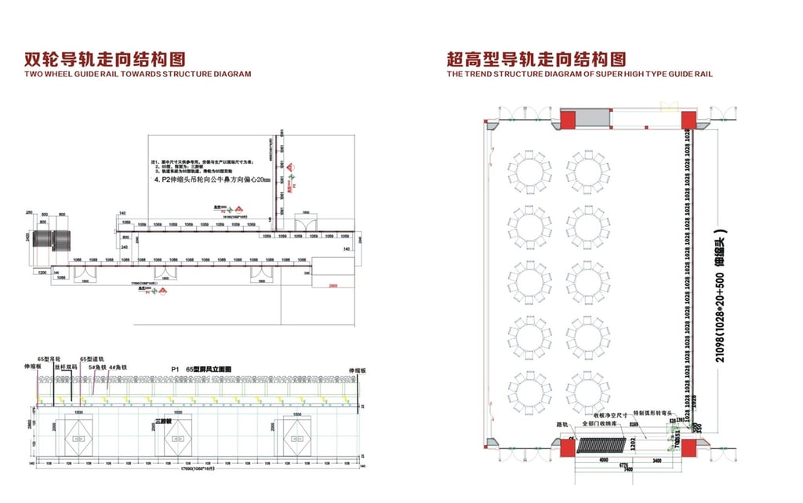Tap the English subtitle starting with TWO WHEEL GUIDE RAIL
click(x=138, y=74)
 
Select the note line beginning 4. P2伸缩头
click(x=211, y=180)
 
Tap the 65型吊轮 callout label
click(x=57, y=358)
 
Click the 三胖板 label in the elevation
click(x=163, y=419)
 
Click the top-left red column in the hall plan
click(x=566, y=119)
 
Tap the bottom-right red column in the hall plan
click(x=689, y=448)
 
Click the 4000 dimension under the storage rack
click(x=598, y=461)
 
